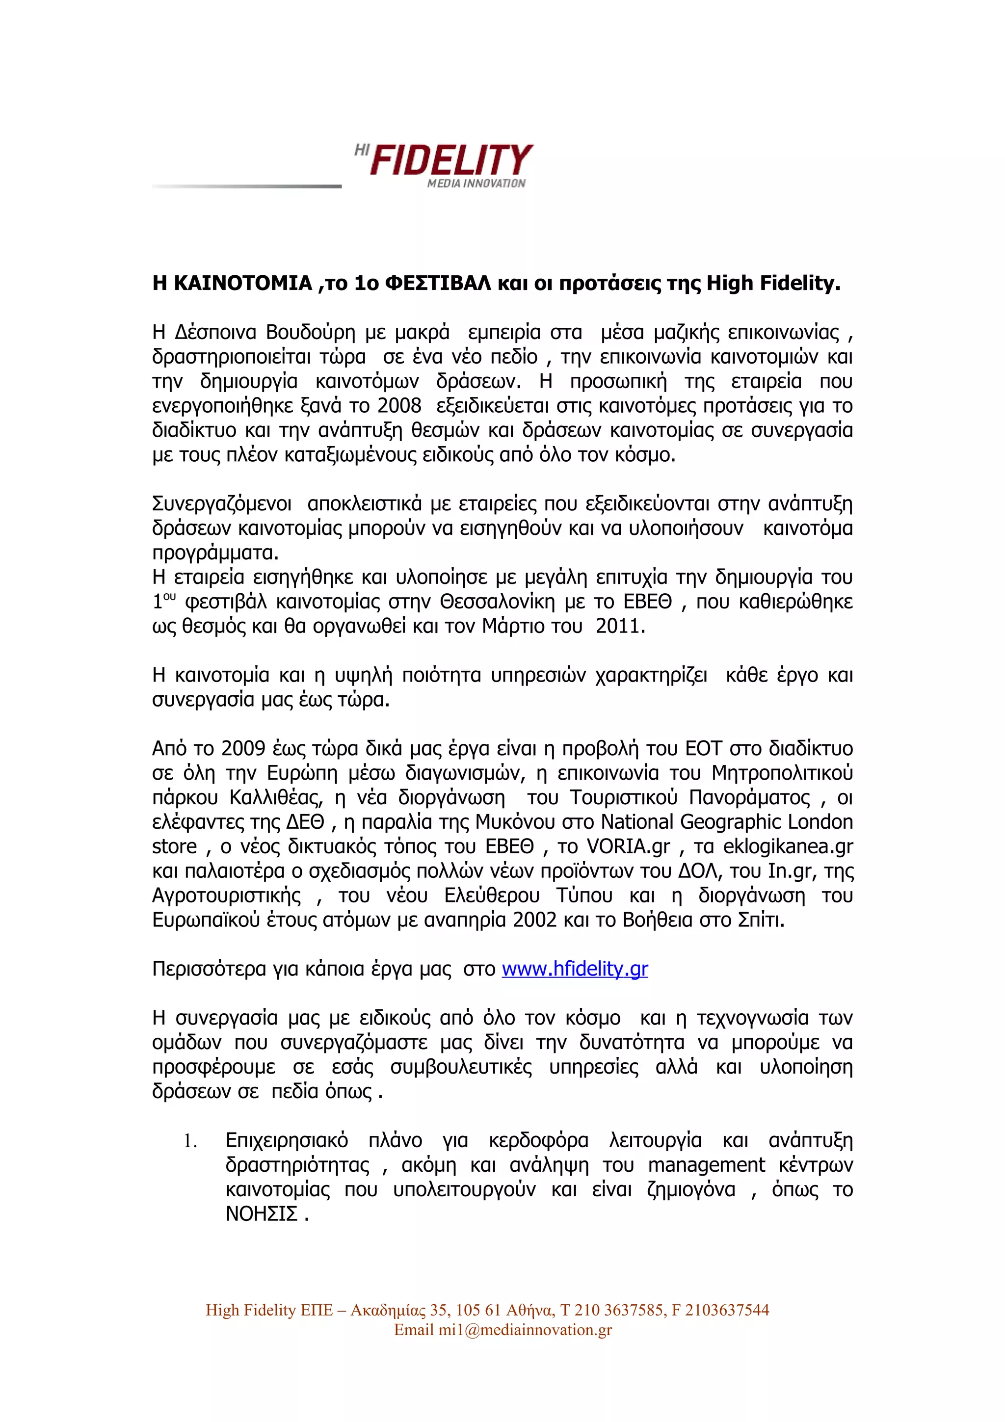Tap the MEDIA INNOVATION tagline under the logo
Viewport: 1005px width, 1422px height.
pyautogui.click(x=476, y=184)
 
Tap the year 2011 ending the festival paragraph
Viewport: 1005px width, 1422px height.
pyautogui.click(x=619, y=626)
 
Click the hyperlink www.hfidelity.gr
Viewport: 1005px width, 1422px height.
pyautogui.click(x=575, y=969)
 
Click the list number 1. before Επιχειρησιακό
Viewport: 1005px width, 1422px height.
pyautogui.click(x=189, y=1141)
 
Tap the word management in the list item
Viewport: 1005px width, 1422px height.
pyautogui.click(x=707, y=1165)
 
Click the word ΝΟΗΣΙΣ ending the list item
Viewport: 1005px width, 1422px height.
pyautogui.click(x=262, y=1214)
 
